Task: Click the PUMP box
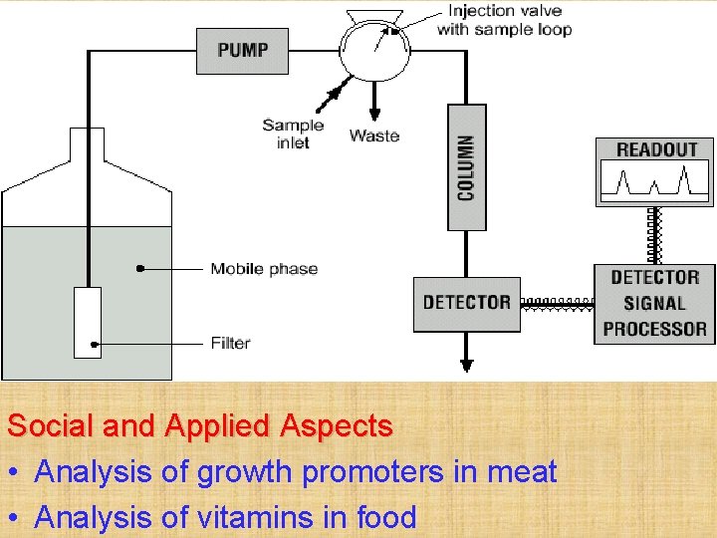click(242, 51)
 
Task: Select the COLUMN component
click(466, 167)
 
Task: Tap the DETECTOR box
click(466, 303)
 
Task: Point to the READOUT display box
click(654, 171)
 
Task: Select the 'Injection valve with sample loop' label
click(504, 21)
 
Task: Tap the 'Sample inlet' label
click(293, 134)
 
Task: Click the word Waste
click(374, 135)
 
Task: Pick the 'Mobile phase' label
click(264, 268)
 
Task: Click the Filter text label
click(230, 343)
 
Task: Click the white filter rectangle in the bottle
click(88, 322)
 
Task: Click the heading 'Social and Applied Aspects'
click(200, 426)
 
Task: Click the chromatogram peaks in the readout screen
click(654, 181)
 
